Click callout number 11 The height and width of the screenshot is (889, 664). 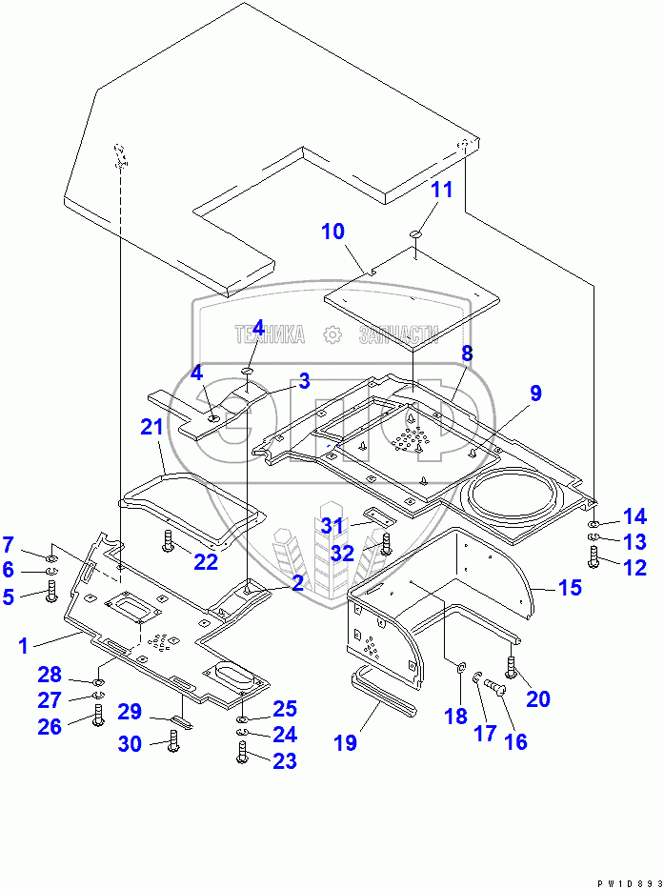point(441,189)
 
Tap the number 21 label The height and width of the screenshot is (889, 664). point(152,428)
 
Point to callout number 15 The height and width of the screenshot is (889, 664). point(569,588)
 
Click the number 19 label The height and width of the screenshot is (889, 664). point(345,742)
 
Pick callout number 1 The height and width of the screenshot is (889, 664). point(22,645)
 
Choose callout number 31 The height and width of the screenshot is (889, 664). point(331,525)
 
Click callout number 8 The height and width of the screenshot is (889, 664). point(467,354)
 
